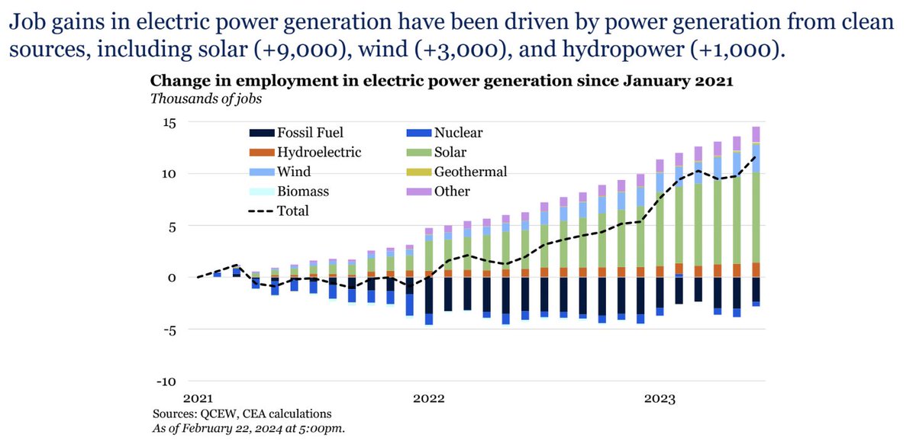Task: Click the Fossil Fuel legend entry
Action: (x=298, y=133)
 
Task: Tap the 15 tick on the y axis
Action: (x=169, y=123)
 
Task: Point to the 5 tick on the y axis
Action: (x=172, y=227)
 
